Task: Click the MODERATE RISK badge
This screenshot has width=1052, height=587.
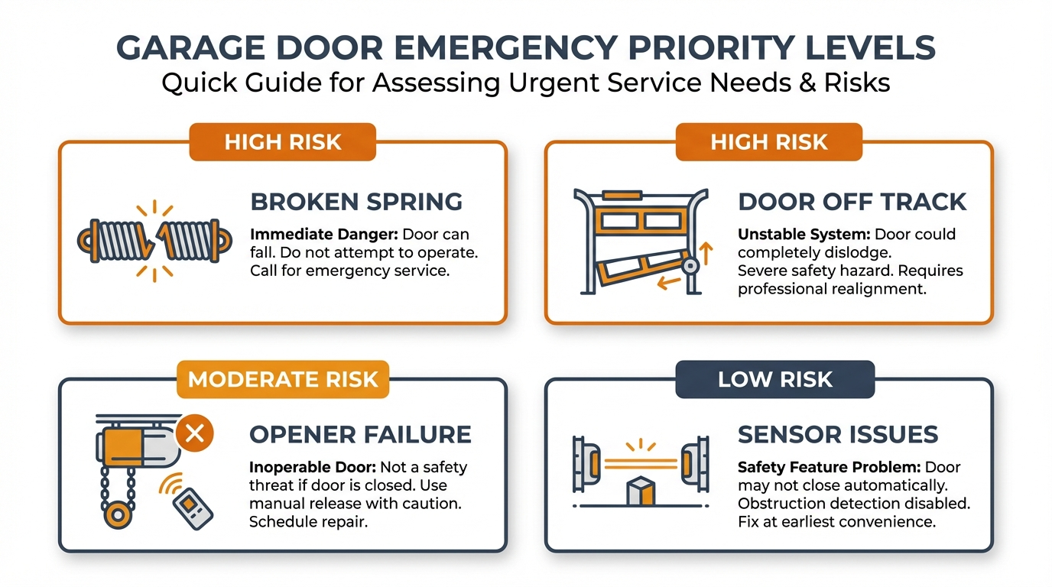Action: pos(283,380)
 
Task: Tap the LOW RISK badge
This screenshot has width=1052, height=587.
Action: pos(774,380)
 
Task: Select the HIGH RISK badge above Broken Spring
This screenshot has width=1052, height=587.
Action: pos(283,142)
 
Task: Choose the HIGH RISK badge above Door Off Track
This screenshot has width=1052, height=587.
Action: pos(768,142)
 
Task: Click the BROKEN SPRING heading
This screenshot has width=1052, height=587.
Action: pos(356,202)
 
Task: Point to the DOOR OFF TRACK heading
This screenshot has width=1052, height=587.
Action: pos(852,202)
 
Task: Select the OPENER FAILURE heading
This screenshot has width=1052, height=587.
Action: pos(360,434)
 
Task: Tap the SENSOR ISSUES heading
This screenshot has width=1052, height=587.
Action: pos(838,434)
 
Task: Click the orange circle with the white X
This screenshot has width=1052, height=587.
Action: pos(194,433)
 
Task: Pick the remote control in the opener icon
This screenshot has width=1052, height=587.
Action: pos(191,506)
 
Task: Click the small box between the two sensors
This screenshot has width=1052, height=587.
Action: pos(641,491)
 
